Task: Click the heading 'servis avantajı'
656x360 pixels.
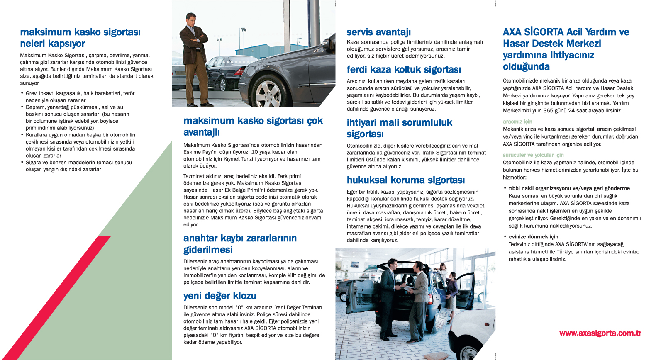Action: coord(378,32)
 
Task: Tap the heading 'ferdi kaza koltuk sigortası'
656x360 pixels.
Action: coord(404,70)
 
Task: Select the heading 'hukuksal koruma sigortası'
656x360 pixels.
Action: coord(406,180)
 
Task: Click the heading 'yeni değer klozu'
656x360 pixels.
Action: coord(220,296)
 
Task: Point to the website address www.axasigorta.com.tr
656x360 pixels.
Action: coord(600,333)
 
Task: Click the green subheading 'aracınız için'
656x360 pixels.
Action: coord(517,122)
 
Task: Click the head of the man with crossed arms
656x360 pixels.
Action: coord(192,19)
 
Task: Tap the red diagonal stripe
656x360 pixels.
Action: coord(58,299)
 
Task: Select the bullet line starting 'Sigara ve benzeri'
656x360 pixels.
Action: coord(79,163)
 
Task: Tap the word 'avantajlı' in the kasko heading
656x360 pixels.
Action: coord(202,133)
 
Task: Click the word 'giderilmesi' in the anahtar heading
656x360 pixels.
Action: coord(208,250)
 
